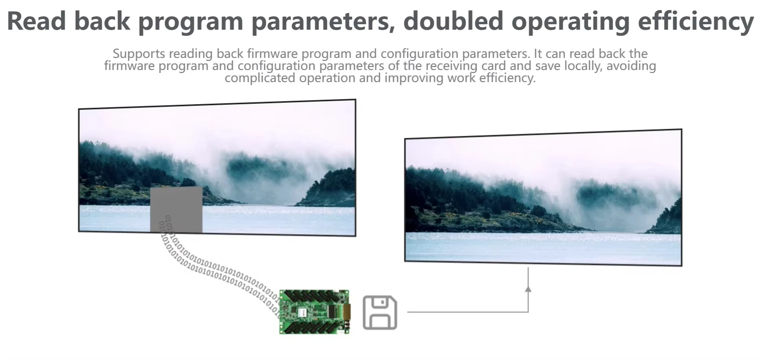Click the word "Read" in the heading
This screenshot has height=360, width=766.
click(36, 21)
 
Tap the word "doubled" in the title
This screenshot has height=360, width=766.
click(452, 21)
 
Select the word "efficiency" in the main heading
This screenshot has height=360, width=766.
click(695, 22)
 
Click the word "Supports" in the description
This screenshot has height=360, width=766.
click(139, 54)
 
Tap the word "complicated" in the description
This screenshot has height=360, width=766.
click(260, 78)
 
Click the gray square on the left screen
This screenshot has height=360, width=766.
click(176, 209)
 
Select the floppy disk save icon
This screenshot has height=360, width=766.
click(380, 313)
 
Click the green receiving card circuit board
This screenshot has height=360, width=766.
click(314, 312)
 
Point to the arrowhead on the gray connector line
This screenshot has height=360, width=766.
click(528, 289)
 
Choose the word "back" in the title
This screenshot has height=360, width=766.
click(102, 21)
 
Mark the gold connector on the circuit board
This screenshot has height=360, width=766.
click(346, 311)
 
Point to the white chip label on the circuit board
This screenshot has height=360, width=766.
click(302, 312)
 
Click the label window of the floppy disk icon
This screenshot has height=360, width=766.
click(380, 321)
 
